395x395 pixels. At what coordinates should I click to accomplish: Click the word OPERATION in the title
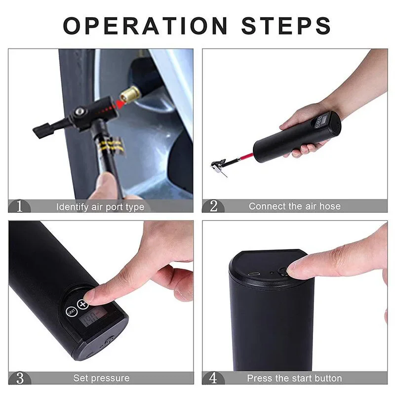tap(145, 26)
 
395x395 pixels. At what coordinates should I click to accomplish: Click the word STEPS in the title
tap(286, 26)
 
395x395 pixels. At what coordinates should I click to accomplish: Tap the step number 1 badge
tap(19, 206)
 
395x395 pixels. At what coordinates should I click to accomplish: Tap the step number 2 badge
tap(213, 206)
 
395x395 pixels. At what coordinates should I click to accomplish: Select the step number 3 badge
tap(20, 378)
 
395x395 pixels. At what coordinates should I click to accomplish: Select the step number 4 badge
tap(213, 378)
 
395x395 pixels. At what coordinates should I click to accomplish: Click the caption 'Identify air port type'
tap(100, 207)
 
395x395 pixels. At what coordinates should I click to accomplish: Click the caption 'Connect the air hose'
tap(294, 206)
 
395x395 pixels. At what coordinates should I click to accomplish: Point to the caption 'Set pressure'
tap(101, 378)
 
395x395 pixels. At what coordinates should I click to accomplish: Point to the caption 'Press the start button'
tap(294, 378)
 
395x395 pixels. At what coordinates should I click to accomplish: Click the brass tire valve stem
tap(130, 94)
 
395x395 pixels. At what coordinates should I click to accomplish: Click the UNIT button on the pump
tap(71, 312)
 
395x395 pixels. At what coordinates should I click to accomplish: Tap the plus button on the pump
tap(82, 305)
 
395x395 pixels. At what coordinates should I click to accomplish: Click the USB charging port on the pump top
tap(254, 274)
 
